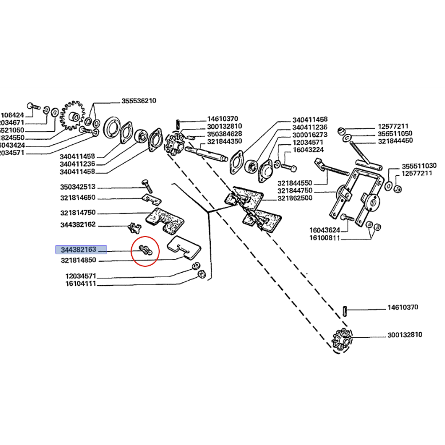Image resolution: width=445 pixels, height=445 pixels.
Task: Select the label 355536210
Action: pos(139,101)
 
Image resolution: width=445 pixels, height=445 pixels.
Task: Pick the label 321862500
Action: pos(295,198)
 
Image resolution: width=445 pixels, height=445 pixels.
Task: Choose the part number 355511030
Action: pos(419,165)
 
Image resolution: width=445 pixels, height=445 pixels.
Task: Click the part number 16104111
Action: pos(81,283)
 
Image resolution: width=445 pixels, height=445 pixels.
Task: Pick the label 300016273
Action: pos(310,135)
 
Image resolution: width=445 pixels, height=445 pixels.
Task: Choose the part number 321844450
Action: pos(395,140)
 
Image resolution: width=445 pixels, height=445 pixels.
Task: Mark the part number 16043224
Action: pos(310,149)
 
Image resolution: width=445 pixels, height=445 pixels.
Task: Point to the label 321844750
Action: pos(295,190)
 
